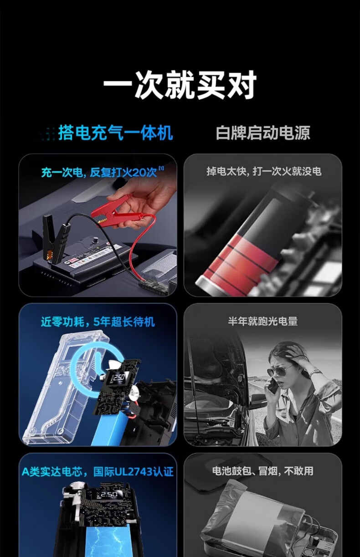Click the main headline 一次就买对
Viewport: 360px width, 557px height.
pos(180,85)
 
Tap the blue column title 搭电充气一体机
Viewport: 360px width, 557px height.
pos(115,133)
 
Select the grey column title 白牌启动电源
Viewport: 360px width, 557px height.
pos(263,133)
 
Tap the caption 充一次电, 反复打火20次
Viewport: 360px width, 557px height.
pos(99,172)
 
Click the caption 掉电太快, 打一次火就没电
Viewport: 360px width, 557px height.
pos(264,172)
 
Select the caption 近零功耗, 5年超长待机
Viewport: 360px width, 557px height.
pos(98,322)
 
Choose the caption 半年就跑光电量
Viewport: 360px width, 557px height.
pos(263,321)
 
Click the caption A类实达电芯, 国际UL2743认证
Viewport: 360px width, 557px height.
pos(98,472)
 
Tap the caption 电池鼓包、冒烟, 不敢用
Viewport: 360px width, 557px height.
pos(263,471)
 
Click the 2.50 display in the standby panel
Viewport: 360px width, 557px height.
pos(119,378)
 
